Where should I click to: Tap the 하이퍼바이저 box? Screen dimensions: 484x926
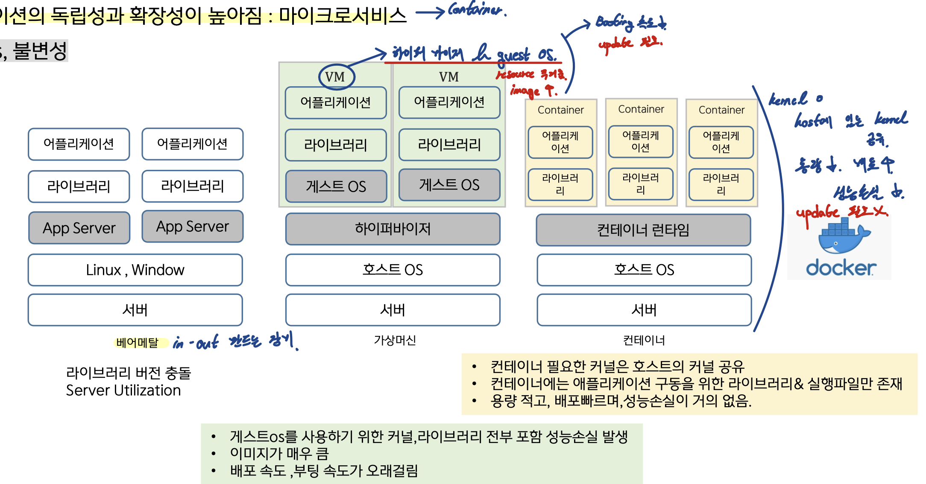393,229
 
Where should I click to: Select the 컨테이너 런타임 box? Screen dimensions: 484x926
643,230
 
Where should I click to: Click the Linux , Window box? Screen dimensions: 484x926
135,270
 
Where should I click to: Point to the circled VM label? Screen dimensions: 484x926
336,77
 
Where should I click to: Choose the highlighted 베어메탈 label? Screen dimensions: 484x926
137,342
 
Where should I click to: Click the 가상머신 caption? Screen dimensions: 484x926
395,340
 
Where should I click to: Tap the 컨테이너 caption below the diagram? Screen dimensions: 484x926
644,340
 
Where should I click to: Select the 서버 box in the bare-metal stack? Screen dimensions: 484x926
135,310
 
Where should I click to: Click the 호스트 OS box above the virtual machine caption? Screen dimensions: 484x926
393,270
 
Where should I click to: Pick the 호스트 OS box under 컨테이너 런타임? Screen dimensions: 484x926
644,270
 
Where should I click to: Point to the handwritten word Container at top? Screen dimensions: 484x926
476,9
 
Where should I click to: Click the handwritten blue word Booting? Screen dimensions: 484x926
614,21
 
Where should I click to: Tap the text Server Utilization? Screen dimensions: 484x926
123,391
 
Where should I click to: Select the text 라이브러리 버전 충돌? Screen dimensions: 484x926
129,373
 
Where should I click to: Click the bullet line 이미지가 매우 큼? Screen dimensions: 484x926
279,453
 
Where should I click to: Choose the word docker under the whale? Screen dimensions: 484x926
841,268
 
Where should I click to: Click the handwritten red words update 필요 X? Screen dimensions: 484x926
841,212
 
